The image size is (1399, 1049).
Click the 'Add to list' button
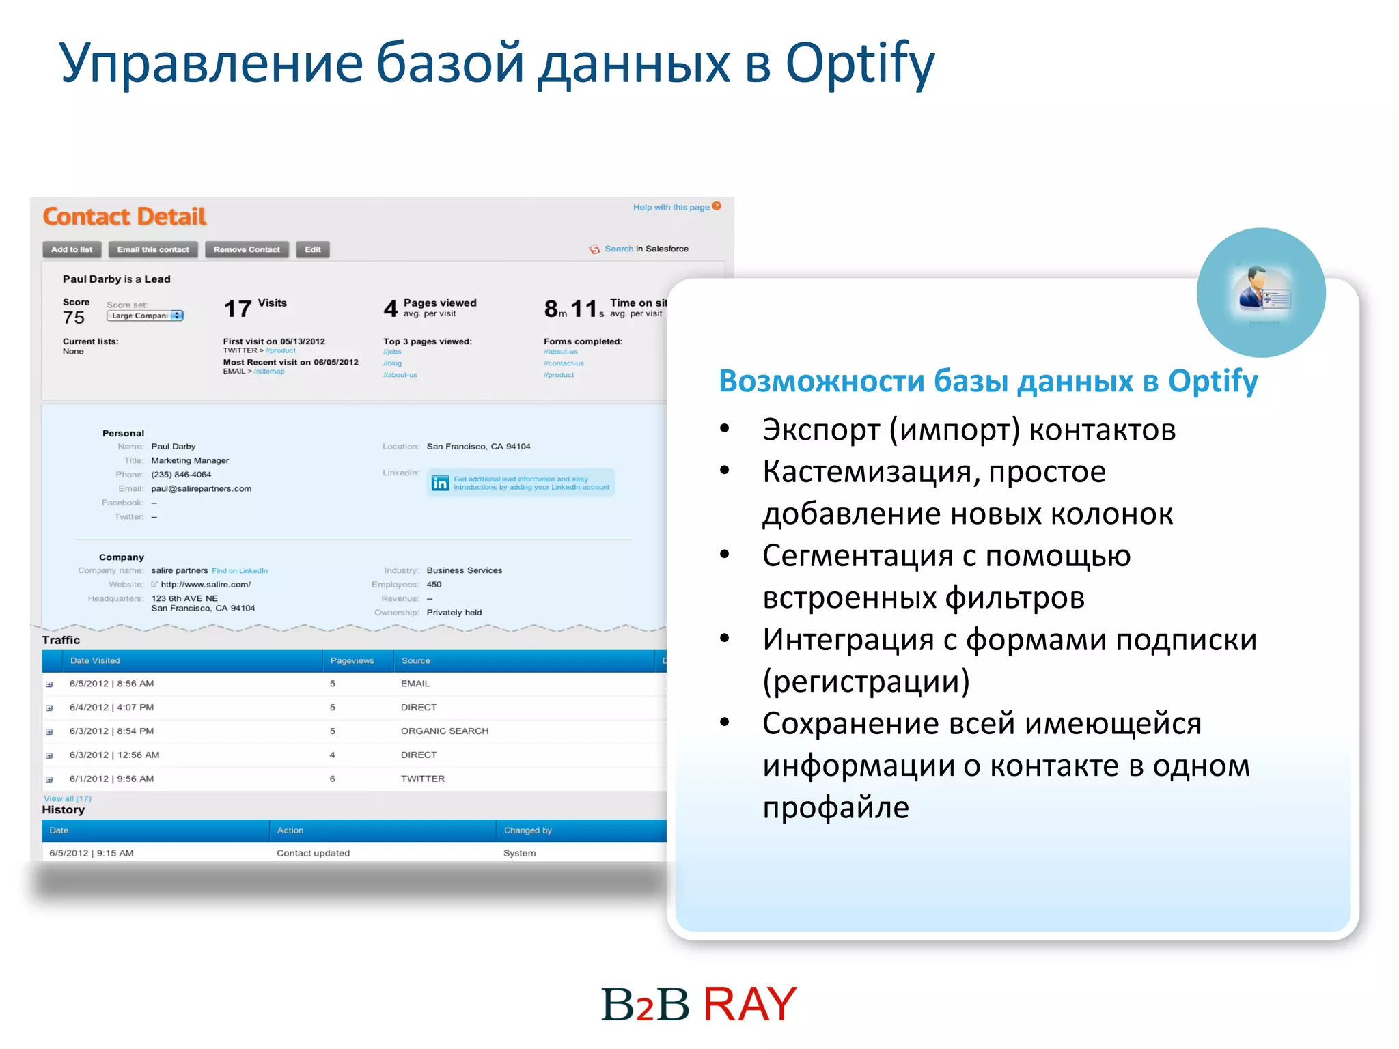(x=72, y=249)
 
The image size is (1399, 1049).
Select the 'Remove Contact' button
(x=247, y=249)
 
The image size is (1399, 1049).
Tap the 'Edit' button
(x=313, y=249)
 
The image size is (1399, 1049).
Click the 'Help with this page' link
(x=671, y=207)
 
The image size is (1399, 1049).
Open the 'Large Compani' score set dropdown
(x=146, y=316)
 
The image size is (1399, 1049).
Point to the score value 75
(x=74, y=318)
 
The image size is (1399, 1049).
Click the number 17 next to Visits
(x=238, y=309)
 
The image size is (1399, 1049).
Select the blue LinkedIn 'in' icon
(x=440, y=483)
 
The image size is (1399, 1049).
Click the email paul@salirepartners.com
(x=201, y=488)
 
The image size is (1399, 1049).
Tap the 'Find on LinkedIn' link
(x=239, y=571)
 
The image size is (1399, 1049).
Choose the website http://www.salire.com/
(x=205, y=585)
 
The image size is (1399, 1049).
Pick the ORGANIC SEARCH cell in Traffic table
(x=445, y=731)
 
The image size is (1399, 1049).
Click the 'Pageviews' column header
(x=352, y=660)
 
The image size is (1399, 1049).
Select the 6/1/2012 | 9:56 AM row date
(x=111, y=779)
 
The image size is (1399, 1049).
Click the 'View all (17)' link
(x=67, y=798)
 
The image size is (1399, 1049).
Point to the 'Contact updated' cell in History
(x=313, y=853)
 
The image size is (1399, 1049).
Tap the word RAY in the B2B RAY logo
(x=749, y=1004)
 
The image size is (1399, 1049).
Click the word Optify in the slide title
(x=859, y=63)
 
